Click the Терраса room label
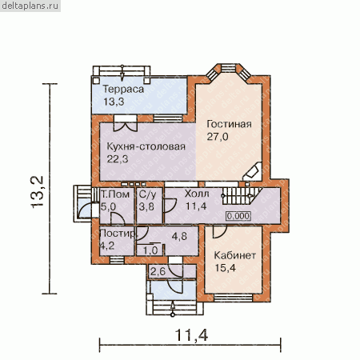tap(123, 89)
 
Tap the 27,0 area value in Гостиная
tap(218, 137)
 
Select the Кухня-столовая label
tap(146, 146)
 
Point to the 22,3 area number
tap(118, 159)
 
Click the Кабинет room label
tap(235, 255)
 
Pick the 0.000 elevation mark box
tap(238, 216)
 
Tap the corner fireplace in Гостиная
tap(253, 172)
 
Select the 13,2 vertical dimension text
tap(37, 192)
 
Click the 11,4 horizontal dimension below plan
tap(191, 335)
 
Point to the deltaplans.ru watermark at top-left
tap(30, 6)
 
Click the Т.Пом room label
tap(115, 194)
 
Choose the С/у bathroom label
tap(147, 194)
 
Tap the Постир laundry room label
tap(118, 234)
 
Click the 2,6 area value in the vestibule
tap(158, 272)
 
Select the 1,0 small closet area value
tap(150, 250)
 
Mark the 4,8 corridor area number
tap(179, 236)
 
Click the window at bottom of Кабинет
tap(234, 298)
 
